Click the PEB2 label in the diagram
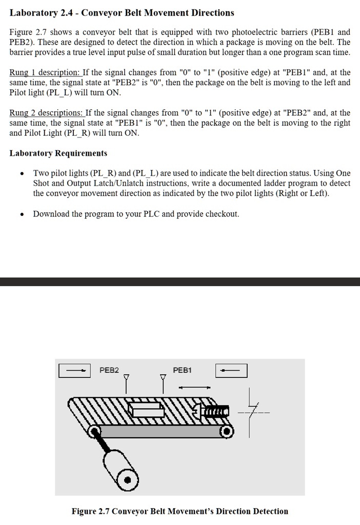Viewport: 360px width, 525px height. (109, 370)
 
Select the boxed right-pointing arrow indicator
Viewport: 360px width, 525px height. (75, 370)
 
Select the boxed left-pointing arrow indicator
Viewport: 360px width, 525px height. (231, 370)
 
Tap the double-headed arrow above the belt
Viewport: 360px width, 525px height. (194, 387)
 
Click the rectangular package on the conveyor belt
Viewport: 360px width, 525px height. (146, 411)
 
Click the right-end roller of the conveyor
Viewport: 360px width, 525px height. (226, 432)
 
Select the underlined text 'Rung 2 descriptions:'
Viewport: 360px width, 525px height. (47, 113)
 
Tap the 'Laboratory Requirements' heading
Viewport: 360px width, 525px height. (58, 153)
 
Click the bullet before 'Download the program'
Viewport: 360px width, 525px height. (21, 214)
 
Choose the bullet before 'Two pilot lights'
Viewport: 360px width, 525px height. (21, 174)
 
